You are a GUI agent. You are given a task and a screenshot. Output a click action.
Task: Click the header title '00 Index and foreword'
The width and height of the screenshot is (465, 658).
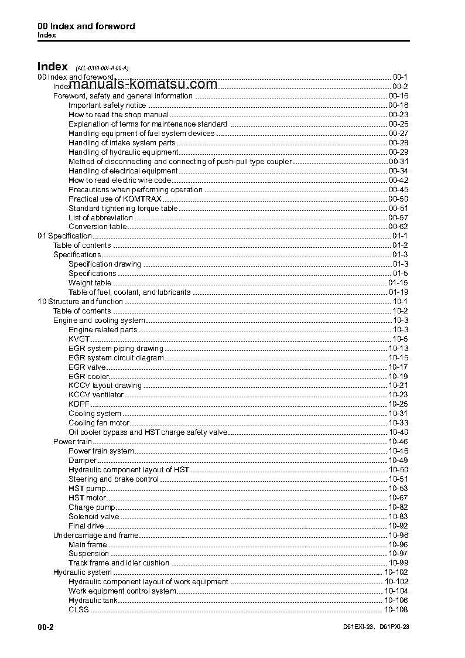[86, 26]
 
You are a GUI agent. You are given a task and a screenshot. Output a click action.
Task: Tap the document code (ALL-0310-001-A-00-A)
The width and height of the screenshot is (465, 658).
[101, 68]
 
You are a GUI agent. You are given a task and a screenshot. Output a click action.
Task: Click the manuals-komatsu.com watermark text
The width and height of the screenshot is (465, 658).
[138, 84]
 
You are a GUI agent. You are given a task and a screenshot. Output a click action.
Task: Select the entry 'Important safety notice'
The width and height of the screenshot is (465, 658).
[107, 105]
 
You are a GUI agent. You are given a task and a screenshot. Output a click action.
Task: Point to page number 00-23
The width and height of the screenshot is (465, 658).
[398, 115]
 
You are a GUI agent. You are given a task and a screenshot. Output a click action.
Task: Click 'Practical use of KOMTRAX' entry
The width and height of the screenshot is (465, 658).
[108, 199]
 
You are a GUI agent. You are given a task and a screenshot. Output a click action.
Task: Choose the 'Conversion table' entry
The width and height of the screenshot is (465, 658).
[97, 227]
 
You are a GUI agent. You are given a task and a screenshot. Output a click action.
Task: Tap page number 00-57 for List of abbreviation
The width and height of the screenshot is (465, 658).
[398, 217]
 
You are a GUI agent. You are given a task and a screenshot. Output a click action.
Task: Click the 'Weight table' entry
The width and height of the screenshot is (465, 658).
[90, 283]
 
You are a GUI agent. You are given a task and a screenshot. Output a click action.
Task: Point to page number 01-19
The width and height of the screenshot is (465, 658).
[398, 292]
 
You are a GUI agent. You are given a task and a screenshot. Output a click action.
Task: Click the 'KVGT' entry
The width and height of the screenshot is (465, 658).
[79, 339]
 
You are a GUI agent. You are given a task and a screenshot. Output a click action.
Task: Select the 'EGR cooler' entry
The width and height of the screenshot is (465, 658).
[88, 377]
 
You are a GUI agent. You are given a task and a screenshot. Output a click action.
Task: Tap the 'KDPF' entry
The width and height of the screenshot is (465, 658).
[79, 404]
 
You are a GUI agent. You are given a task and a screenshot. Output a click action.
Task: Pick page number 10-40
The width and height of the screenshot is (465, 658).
[398, 432]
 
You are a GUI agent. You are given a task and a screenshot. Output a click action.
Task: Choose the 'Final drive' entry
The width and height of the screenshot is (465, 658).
[86, 526]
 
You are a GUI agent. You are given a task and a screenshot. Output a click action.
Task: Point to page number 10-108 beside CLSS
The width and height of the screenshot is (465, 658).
[396, 610]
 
